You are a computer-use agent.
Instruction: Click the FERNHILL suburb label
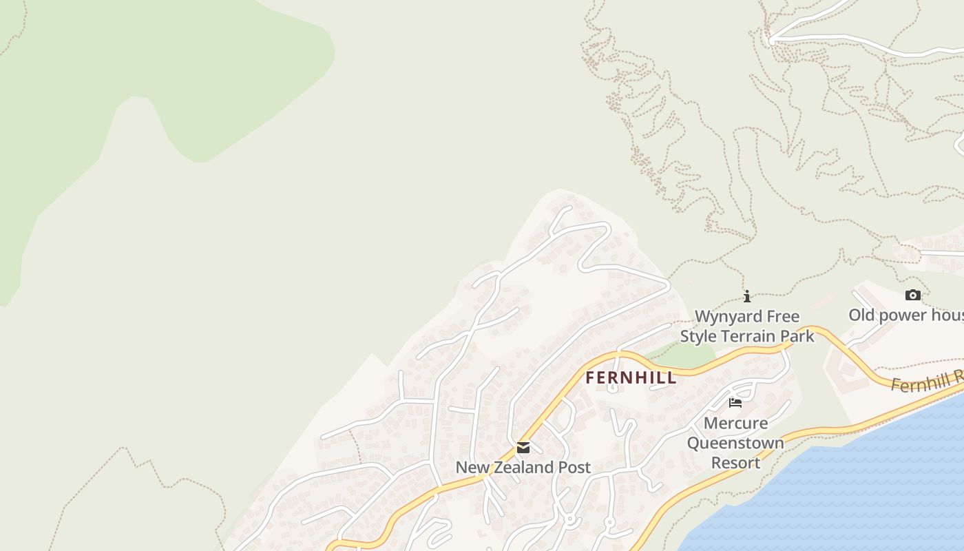(631, 377)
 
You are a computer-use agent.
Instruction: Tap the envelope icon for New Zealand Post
(523, 448)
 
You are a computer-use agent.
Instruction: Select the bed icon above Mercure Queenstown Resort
(735, 403)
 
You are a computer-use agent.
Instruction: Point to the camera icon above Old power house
(912, 295)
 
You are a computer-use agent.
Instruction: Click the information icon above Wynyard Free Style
(747, 297)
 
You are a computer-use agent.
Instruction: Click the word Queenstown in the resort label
(735, 443)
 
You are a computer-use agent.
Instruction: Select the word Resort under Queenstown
(735, 463)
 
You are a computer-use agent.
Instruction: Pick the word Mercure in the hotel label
(735, 423)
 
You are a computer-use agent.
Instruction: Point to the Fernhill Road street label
(926, 382)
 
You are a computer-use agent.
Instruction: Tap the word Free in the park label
(784, 317)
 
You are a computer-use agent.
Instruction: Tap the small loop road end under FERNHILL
(612, 388)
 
